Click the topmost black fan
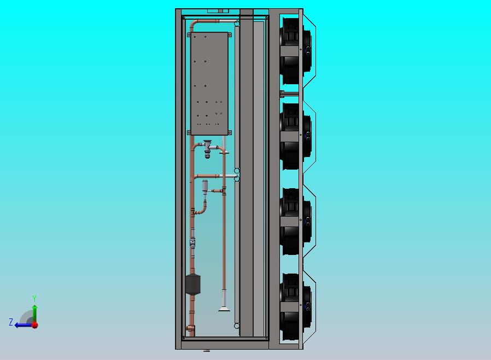click(295, 51)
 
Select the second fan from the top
click(295, 136)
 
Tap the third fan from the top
click(295, 222)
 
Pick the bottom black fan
click(295, 307)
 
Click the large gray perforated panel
click(209, 83)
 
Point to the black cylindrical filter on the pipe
click(192, 285)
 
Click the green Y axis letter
click(34, 298)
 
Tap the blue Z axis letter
click(11, 322)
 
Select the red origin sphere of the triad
click(35, 325)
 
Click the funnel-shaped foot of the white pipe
click(224, 309)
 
